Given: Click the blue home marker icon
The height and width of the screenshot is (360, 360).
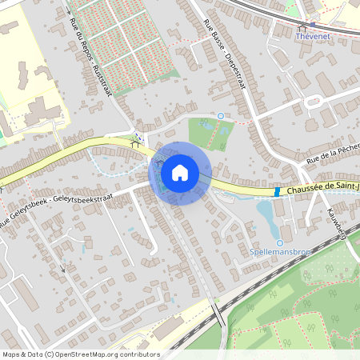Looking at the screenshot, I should click(x=180, y=171).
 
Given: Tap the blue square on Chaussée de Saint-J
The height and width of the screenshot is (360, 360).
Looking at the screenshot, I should click(x=277, y=192).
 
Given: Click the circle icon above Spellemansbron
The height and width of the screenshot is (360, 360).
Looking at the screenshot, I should click(x=279, y=243).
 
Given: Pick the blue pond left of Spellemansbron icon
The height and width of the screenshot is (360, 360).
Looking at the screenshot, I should click(x=264, y=212).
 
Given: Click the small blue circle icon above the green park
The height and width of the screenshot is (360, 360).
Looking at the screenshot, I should click(x=220, y=115).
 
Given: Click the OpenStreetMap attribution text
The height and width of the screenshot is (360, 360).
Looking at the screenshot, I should click(x=80, y=354).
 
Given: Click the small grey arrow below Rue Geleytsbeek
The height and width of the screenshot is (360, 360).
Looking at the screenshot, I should click(x=63, y=270).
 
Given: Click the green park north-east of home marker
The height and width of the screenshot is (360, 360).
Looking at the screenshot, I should click(x=206, y=132).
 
